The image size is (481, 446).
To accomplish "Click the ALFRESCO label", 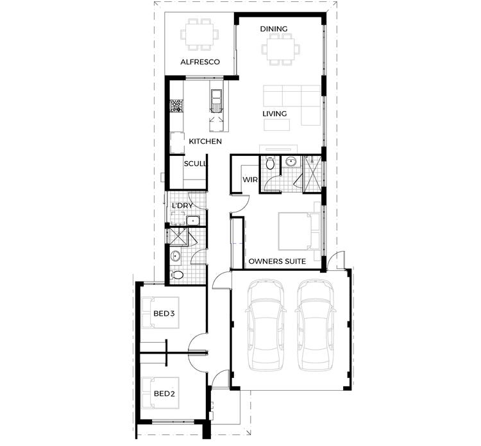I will (200, 62).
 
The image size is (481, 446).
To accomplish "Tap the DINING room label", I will (273, 29).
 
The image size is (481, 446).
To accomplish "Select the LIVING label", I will (274, 114).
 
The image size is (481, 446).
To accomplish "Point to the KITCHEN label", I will (205, 141).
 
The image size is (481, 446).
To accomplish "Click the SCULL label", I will (195, 164).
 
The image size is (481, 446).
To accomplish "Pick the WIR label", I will (250, 180).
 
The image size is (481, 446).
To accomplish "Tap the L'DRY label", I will (183, 205).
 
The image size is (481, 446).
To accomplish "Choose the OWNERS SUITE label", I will (276, 262).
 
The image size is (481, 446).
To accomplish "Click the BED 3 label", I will (164, 314).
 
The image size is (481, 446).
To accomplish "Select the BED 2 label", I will (164, 393).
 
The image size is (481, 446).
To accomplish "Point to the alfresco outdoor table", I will (199, 34).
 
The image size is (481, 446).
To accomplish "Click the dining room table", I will (280, 48).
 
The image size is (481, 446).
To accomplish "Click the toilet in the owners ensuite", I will (270, 164).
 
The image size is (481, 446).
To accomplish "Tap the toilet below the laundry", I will (178, 275).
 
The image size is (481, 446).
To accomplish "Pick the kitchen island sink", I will (217, 98).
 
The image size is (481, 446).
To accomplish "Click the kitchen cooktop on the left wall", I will (174, 106).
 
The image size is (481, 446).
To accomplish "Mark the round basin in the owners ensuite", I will (290, 161).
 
